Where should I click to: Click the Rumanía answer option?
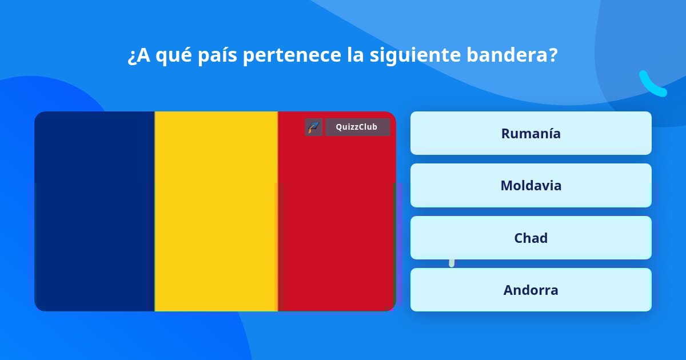531,133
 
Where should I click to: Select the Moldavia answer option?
531,186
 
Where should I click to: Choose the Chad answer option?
531,238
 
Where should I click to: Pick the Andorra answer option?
531,290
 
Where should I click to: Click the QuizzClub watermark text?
357,127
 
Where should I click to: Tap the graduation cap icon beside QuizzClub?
314,127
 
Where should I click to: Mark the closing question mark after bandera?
552,55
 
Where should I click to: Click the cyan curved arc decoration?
652,85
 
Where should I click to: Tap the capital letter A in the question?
143,55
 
